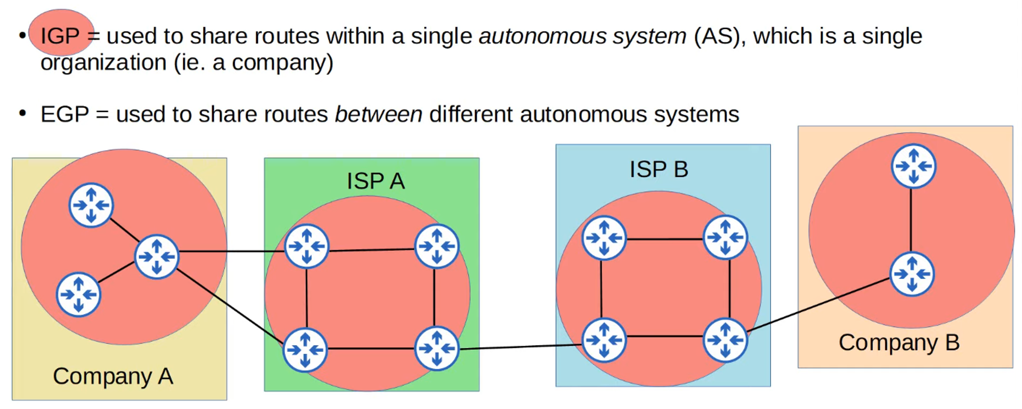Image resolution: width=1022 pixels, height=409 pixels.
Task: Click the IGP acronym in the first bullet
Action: coord(60,36)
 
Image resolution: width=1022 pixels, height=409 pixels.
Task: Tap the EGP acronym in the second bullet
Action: coord(64,114)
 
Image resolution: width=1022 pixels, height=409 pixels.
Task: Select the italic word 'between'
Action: coord(378,114)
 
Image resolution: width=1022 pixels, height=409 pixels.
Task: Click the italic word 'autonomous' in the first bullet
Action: coord(542,36)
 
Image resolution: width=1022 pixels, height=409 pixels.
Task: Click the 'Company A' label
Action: coord(113,376)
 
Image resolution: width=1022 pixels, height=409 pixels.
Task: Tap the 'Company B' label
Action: coord(899,343)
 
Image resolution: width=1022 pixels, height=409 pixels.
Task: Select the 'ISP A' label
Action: coord(376,181)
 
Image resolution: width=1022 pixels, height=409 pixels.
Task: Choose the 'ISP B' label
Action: coord(659,170)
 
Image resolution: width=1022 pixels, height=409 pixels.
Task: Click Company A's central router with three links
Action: coord(157,256)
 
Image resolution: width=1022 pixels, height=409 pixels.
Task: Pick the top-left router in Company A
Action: coord(91,205)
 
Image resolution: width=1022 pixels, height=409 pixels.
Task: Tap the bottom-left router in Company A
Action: coord(78,295)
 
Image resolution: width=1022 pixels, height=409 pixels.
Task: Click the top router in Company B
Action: coord(914,166)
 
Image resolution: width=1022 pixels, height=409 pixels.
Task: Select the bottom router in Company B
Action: coord(912,274)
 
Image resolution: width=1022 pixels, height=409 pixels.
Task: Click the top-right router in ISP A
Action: coord(437,247)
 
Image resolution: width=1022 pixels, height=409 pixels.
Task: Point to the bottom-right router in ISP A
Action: coord(437,349)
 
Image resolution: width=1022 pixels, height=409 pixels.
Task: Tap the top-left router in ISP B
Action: coord(604,238)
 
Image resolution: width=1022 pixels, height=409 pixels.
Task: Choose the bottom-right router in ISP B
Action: coord(725,340)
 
